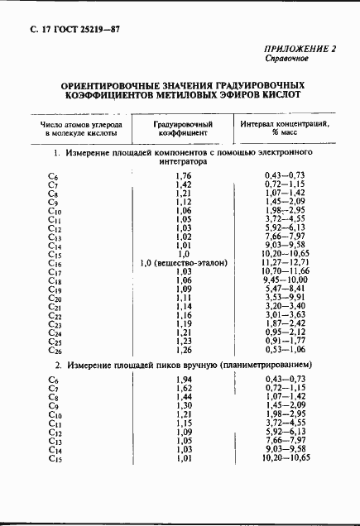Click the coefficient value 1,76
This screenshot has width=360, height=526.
pyautogui.click(x=183, y=175)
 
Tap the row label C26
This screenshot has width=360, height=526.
pyautogui.click(x=55, y=349)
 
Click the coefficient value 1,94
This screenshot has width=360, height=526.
pyautogui.click(x=183, y=379)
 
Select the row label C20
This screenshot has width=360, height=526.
pyautogui.click(x=55, y=297)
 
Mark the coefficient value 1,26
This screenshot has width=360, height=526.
pyautogui.click(x=183, y=349)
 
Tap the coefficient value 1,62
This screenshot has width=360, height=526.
pyautogui.click(x=183, y=388)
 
